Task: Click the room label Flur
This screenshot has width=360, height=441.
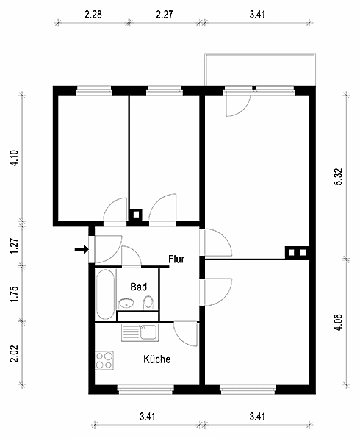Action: tap(176, 259)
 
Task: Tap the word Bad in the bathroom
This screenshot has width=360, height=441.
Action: tap(139, 287)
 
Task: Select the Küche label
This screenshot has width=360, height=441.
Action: tap(156, 359)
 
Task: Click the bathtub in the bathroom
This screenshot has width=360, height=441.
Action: tap(105, 294)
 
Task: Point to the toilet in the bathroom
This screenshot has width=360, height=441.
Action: tap(148, 302)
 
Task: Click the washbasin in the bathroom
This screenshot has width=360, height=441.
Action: tap(126, 304)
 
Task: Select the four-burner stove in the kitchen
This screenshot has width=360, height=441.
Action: tap(104, 361)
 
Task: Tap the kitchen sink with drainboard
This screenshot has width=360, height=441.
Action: tap(140, 333)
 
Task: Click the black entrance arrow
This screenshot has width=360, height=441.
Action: tap(82, 249)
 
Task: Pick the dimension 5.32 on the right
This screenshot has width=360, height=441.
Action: tap(339, 176)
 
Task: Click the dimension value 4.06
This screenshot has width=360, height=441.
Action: tap(339, 323)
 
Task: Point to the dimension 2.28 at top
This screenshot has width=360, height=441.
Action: tap(93, 15)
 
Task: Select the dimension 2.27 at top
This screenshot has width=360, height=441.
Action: tap(165, 15)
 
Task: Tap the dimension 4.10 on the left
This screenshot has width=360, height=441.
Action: tap(14, 158)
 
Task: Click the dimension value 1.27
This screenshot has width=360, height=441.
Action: tap(14, 245)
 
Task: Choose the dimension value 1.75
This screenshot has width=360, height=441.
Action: tap(14, 294)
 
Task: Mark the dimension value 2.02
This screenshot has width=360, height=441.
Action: tap(14, 354)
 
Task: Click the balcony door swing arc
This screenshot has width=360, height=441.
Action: tap(244, 109)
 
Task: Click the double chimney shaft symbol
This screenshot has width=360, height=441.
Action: tap(298, 253)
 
